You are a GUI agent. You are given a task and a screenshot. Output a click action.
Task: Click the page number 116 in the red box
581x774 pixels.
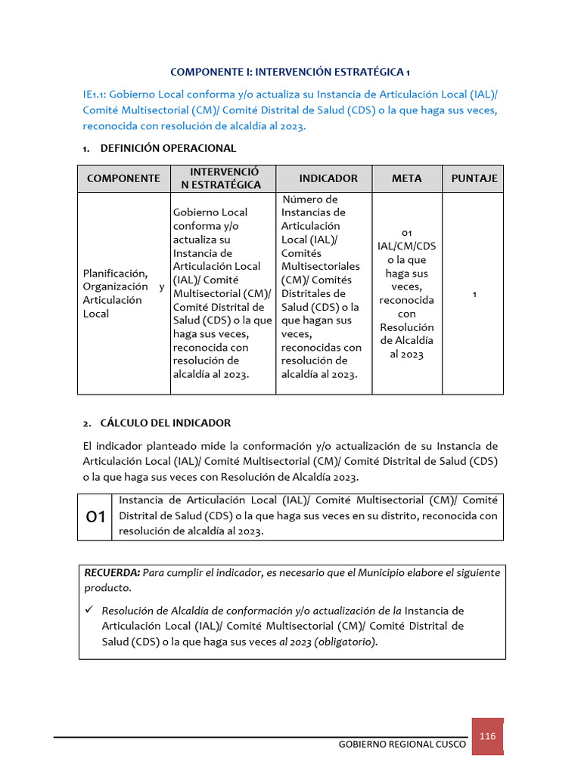(x=487, y=736)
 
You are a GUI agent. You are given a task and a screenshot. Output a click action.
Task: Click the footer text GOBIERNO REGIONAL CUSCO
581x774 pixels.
(x=402, y=745)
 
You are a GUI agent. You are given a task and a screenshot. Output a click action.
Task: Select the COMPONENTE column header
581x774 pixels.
(x=123, y=178)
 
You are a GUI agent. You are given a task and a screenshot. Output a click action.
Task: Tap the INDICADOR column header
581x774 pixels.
(x=328, y=178)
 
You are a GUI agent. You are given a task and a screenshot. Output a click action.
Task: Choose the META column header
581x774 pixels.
(x=407, y=178)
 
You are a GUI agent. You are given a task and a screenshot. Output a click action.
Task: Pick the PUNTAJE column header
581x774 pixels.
(x=474, y=178)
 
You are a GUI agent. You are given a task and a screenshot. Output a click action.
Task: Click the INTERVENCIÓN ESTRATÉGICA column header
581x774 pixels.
(x=225, y=178)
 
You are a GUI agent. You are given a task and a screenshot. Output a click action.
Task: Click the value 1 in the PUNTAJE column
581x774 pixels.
(x=474, y=293)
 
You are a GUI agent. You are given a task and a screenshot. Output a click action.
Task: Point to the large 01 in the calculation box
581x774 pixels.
(x=96, y=518)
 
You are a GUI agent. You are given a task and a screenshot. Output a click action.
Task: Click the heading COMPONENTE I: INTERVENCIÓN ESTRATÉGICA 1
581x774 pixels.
(x=290, y=73)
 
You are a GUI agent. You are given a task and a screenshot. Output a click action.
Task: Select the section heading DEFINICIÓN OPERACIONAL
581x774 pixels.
(x=168, y=148)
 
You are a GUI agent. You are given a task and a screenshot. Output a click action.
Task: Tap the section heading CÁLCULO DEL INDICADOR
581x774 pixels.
(x=165, y=423)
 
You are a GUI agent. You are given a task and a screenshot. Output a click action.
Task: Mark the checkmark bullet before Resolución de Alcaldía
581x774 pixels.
(x=89, y=610)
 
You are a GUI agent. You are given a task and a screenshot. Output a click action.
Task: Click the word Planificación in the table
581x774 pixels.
(x=115, y=273)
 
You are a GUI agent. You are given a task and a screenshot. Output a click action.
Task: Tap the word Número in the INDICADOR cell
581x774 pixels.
(x=300, y=200)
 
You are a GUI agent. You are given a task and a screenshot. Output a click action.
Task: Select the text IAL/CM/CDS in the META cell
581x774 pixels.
(x=407, y=246)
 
